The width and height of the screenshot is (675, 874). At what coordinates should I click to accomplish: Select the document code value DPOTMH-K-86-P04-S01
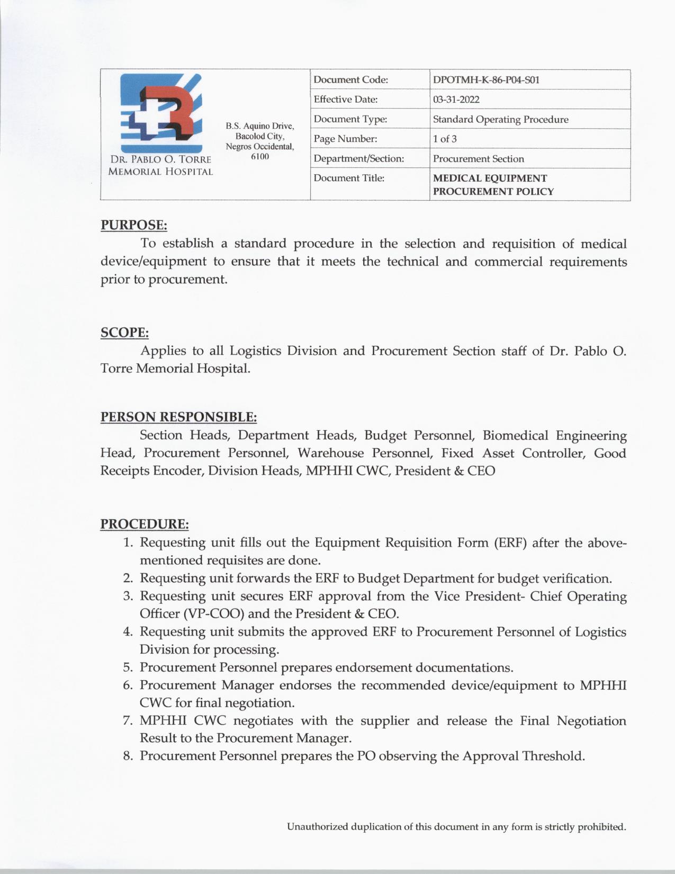coord(486,80)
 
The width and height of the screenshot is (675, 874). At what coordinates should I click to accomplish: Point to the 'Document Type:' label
coord(350,119)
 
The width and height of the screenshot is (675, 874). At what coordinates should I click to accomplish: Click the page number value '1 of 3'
coord(445,139)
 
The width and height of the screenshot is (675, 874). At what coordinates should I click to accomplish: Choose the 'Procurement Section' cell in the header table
coord(478,159)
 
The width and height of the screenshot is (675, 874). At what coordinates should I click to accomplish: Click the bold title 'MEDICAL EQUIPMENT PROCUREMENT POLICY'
coord(493,185)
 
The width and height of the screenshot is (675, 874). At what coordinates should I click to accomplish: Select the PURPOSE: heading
coord(134,225)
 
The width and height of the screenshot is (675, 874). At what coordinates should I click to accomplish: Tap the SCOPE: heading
coord(124,333)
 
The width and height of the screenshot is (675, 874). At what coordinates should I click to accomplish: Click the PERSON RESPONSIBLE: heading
coord(178,417)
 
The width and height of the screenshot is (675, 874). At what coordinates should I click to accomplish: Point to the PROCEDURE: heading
coord(145,524)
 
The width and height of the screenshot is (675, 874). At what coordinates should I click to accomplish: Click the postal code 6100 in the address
coord(259,156)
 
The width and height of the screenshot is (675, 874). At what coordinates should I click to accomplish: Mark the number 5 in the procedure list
coord(128,667)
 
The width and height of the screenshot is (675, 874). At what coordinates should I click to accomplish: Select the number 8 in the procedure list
coord(128,756)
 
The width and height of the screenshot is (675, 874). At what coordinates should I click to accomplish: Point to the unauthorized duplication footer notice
coord(456,827)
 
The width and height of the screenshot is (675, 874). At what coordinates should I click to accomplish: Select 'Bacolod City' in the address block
coord(259,136)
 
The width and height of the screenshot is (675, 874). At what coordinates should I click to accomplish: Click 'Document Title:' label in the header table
coord(349,178)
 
